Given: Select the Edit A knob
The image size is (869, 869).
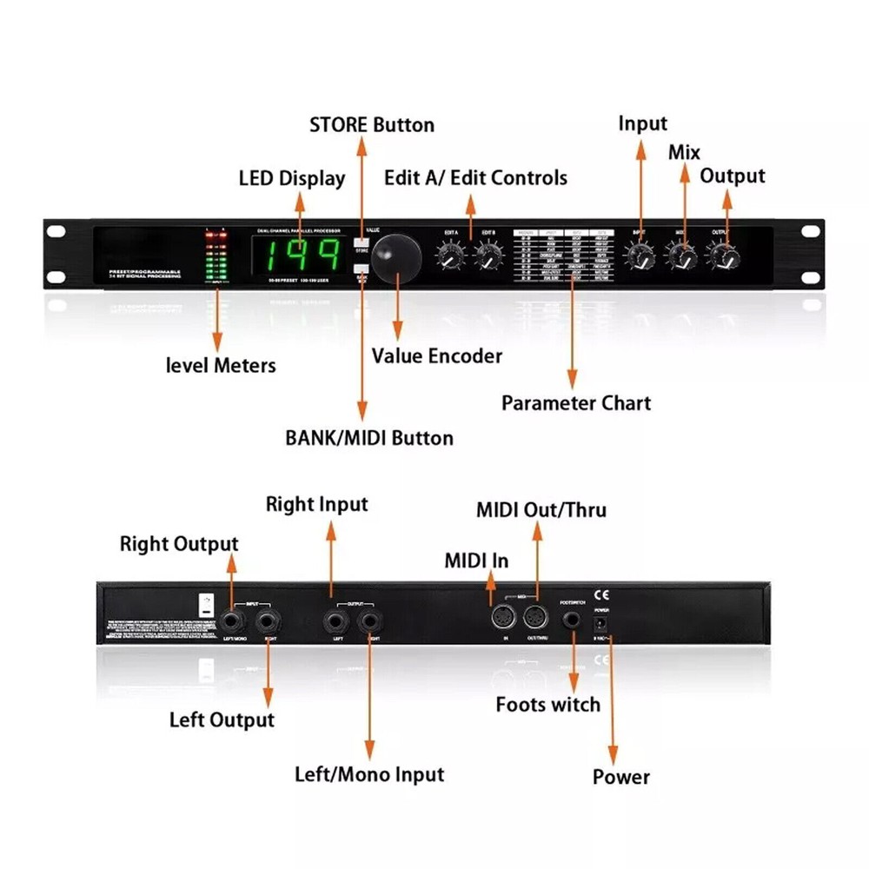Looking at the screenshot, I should click(x=450, y=255).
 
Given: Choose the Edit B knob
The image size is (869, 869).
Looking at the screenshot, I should click(x=488, y=255).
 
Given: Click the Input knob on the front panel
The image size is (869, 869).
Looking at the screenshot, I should click(x=640, y=255).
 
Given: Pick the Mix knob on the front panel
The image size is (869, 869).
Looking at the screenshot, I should click(x=682, y=255).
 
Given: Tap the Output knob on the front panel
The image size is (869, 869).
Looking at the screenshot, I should click(x=723, y=255).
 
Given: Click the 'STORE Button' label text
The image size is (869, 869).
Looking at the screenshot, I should click(x=372, y=125).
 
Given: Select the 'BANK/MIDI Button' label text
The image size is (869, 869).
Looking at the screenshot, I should click(x=369, y=437).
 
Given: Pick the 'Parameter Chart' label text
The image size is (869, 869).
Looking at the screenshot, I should click(x=575, y=403).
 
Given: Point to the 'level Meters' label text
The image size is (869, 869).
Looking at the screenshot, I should click(x=221, y=365).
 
